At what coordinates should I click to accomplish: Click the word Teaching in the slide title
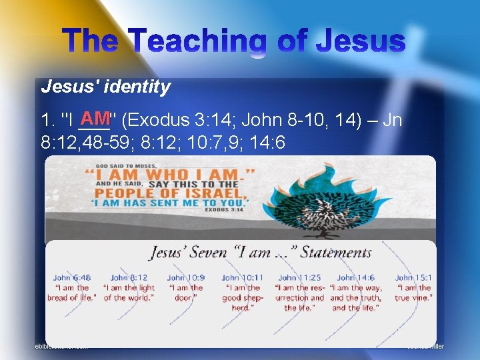(213, 41)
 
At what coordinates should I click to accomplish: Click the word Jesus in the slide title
(360, 41)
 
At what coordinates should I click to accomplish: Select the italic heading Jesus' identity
(105, 87)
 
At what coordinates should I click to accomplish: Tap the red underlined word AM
(93, 119)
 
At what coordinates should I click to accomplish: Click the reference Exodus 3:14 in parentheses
(166, 121)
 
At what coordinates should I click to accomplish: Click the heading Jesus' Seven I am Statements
(260, 252)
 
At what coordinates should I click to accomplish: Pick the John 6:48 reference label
(71, 277)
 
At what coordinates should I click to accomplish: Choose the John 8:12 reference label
(129, 277)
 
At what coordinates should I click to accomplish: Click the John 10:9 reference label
(185, 277)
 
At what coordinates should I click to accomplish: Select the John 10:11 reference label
(242, 277)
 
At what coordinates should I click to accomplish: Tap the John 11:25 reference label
(299, 277)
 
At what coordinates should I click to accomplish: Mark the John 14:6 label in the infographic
(355, 277)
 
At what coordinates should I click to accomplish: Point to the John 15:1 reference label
(413, 277)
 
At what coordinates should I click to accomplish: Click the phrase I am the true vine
(413, 293)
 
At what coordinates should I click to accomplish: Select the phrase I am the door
(185, 293)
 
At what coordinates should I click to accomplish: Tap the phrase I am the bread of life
(71, 293)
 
